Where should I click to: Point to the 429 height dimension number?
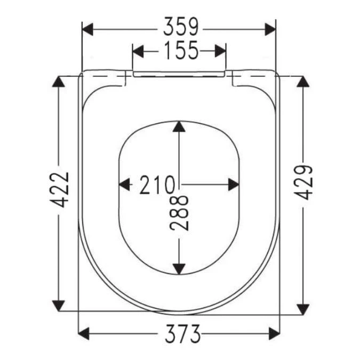tap(303, 182)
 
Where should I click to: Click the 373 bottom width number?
tap(179, 334)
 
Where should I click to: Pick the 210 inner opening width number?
tap(157, 185)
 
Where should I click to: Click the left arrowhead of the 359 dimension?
tap(87, 28)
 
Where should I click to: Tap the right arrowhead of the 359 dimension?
tap(270, 28)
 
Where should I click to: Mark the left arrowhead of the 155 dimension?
tap(138, 51)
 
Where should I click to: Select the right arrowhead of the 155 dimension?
tap(220, 51)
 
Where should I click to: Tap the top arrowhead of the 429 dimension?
tap(302, 83)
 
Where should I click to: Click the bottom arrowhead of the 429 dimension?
tap(302, 308)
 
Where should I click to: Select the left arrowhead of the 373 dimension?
tap(85, 334)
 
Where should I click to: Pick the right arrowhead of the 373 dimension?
tap(274, 334)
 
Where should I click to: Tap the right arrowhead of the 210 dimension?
tap(233, 185)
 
